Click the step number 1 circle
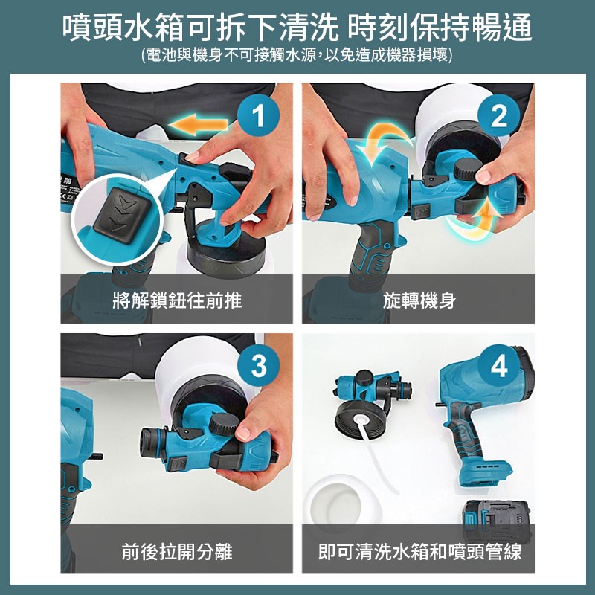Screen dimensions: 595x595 258,115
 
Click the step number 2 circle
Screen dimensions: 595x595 498,115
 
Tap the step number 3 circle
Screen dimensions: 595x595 258,366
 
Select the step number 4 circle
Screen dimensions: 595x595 498,366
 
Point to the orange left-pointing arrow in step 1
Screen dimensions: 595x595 199,124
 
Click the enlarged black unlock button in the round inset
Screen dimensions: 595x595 122,215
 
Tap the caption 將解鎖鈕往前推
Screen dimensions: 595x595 177,300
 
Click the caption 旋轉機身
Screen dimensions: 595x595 419,300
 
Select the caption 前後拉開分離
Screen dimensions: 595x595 177,551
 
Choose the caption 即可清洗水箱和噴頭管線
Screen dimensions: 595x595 419,551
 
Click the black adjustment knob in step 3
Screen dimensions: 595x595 224,423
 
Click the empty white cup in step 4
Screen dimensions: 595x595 342,501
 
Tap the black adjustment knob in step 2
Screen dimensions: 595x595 469,170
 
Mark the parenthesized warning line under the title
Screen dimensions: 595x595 297,55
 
